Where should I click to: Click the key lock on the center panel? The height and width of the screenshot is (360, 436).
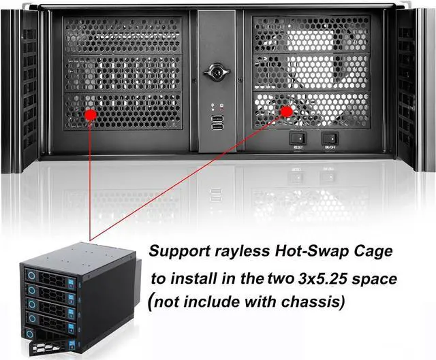[217, 71]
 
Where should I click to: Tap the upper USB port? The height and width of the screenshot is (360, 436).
[217, 119]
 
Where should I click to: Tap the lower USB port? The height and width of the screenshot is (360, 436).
[217, 127]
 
